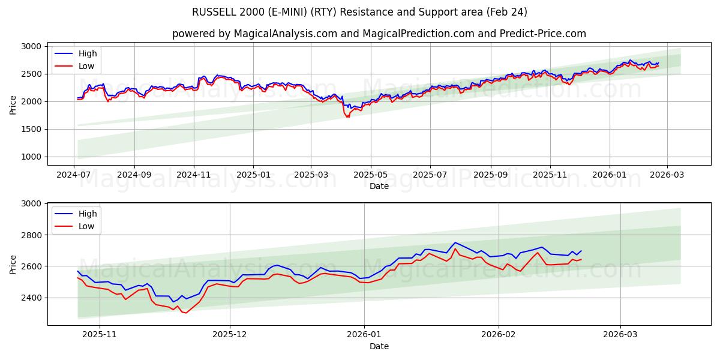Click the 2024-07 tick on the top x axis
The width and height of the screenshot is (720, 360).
click(x=74, y=174)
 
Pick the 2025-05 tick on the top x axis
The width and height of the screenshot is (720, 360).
click(x=370, y=174)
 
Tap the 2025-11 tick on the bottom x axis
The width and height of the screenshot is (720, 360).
click(x=99, y=334)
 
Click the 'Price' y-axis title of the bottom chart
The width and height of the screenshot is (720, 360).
click(x=13, y=264)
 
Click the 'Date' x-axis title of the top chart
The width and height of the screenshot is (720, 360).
click(x=379, y=186)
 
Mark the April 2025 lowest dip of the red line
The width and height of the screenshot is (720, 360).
click(x=347, y=117)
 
